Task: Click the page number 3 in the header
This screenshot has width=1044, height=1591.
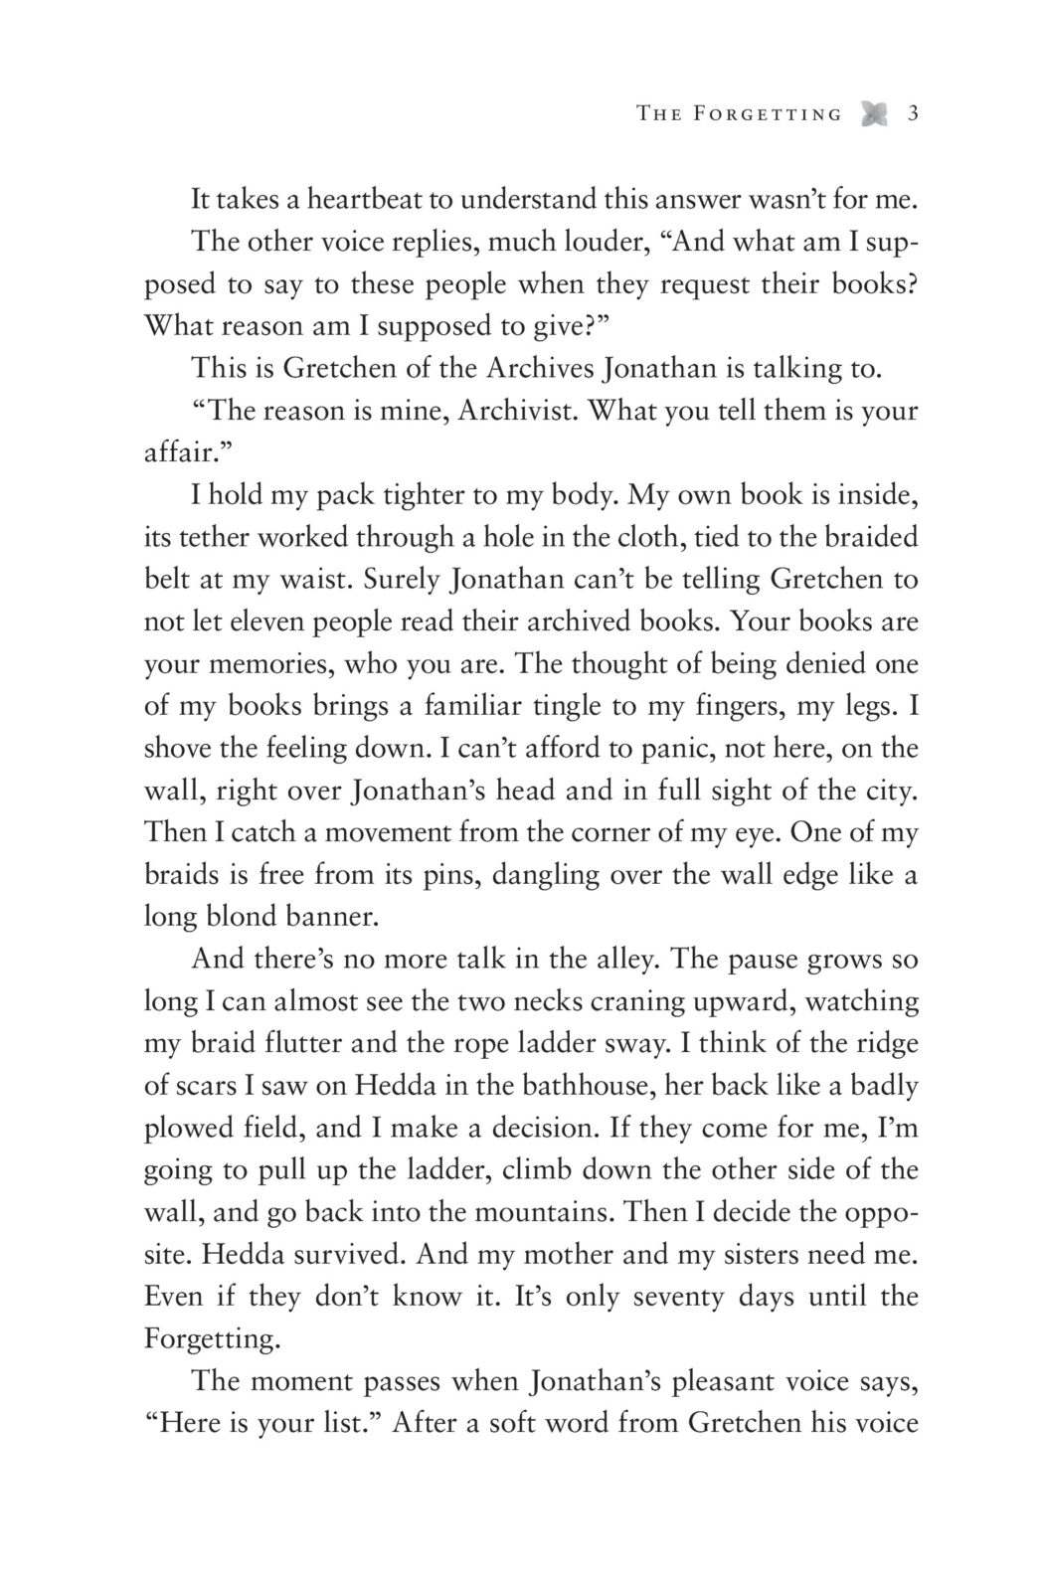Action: [x=912, y=114]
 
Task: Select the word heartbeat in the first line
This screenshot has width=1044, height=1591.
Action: [x=361, y=200]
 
